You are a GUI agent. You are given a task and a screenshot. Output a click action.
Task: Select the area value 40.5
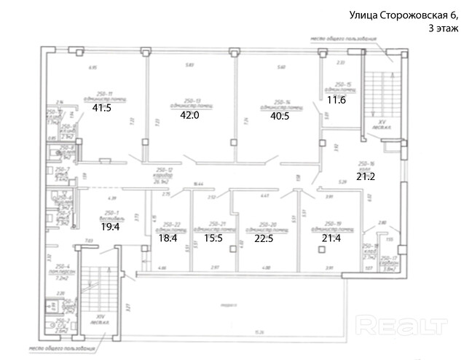pyautogui.click(x=280, y=115)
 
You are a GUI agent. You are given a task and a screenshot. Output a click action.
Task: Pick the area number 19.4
pyautogui.click(x=110, y=227)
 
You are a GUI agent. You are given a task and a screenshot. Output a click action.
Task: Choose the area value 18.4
pyautogui.click(x=168, y=238)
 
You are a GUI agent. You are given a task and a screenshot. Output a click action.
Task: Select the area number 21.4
pyautogui.click(x=331, y=238)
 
